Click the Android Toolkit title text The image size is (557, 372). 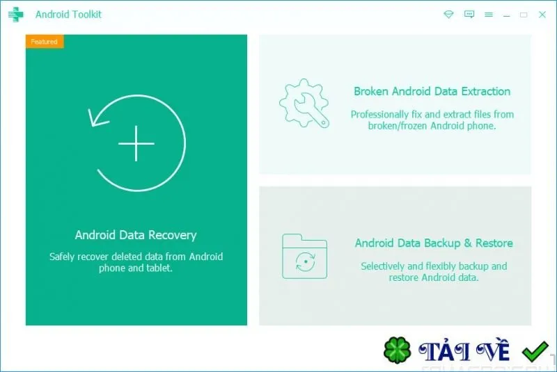coord(68,15)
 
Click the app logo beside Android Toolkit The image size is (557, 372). coord(15,15)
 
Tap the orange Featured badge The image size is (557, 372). coord(45,42)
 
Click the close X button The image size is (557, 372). coord(542,15)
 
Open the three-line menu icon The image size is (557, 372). coord(489,15)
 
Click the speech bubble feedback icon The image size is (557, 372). coord(469,14)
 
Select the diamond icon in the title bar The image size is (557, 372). coord(448,14)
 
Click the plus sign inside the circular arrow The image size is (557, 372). coord(136,143)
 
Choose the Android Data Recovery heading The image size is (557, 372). coord(136,235)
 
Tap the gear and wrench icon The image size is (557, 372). coord(304,103)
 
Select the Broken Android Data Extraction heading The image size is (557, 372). coord(432,92)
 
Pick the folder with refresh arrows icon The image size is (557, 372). coord(304,256)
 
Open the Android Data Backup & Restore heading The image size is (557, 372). coord(434,243)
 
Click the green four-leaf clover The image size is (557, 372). coord(397,350)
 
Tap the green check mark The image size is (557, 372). coord(535,351)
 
